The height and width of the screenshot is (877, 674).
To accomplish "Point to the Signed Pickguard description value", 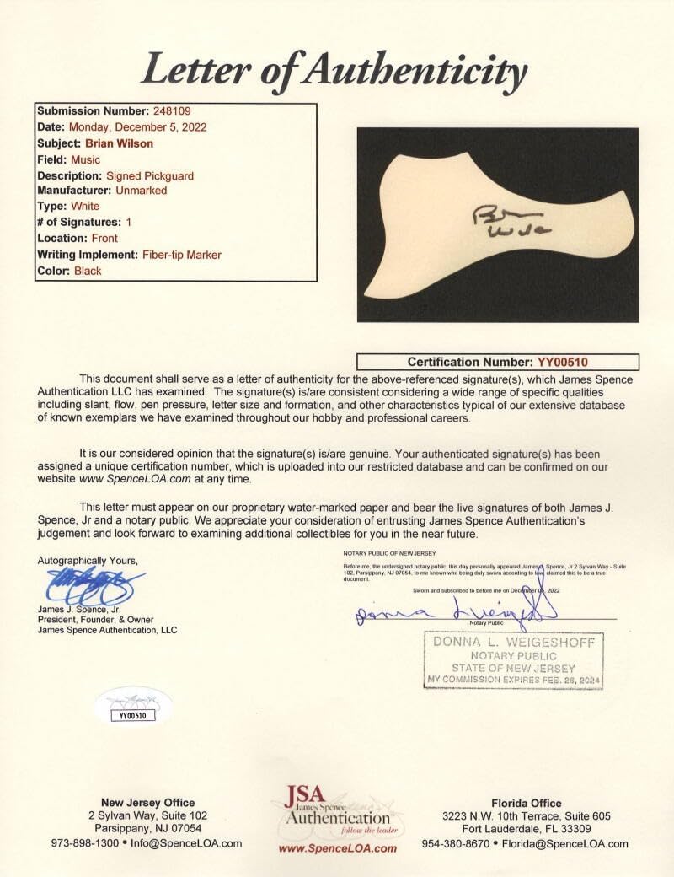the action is pos(150,175).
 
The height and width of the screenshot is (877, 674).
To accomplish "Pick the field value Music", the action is pos(86,159).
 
